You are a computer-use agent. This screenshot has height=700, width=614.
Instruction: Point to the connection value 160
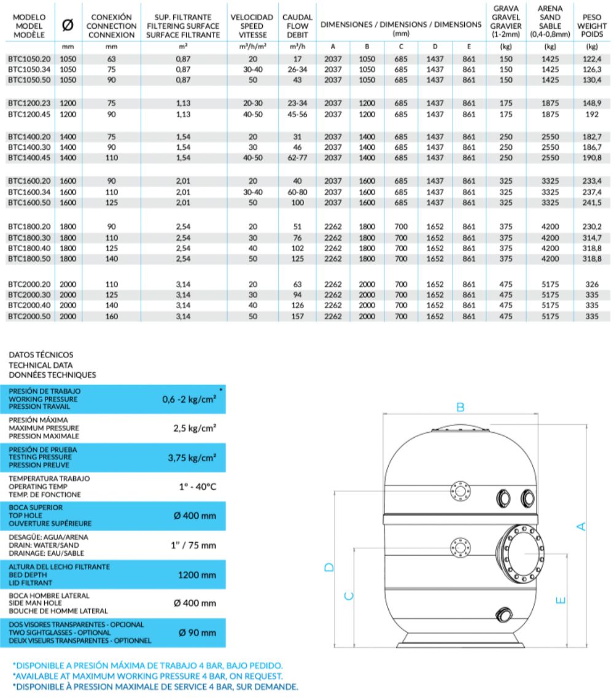(111, 317)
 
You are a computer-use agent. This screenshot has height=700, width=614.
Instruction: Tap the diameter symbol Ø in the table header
(68, 26)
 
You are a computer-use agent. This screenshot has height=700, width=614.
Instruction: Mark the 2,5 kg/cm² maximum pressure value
(194, 429)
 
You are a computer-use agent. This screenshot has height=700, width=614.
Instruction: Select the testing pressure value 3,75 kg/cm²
(192, 457)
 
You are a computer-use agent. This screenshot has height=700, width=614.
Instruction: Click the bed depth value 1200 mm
(196, 575)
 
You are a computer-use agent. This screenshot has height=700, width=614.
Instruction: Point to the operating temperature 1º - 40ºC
(196, 486)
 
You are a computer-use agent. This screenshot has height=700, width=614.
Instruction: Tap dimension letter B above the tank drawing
(460, 407)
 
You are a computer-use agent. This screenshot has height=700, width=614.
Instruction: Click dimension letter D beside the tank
(329, 568)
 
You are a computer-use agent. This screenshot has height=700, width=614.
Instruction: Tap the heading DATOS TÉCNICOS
(41, 354)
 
